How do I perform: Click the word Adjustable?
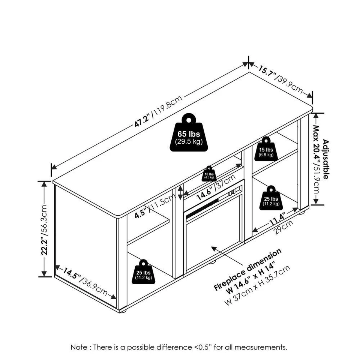click(x=325, y=159)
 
